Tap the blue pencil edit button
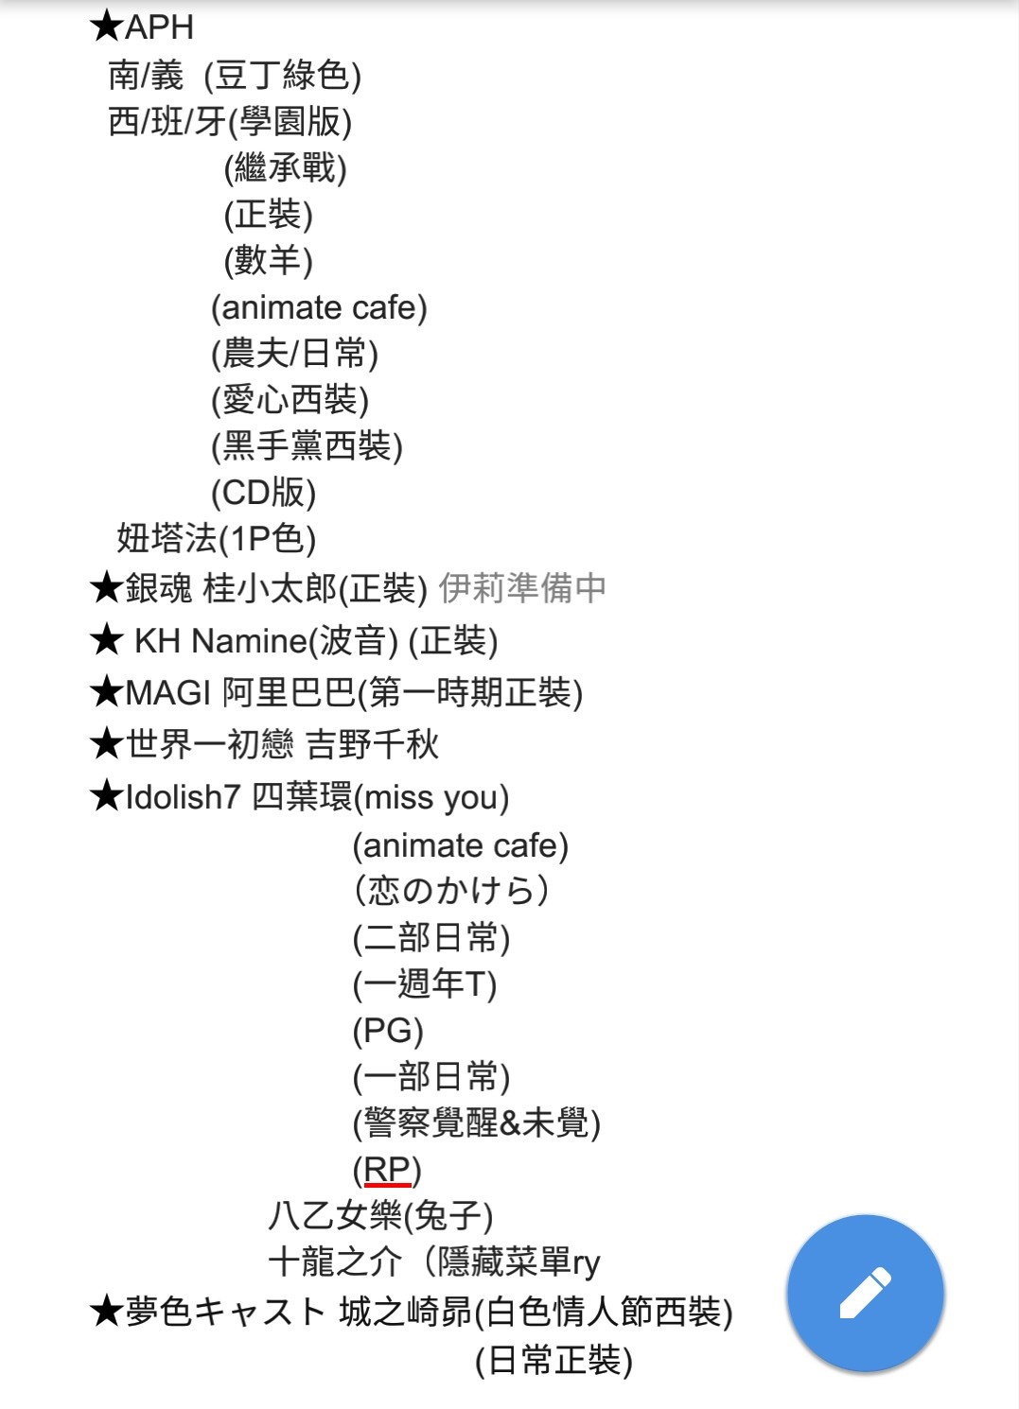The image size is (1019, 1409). [x=865, y=1294]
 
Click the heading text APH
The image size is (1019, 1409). [x=159, y=27]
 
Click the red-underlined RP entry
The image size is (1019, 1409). [x=387, y=1170]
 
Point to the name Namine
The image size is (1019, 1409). [x=249, y=641]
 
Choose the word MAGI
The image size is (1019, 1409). [x=168, y=693]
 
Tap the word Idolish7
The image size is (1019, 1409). [x=183, y=797]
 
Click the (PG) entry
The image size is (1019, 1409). [x=388, y=1031]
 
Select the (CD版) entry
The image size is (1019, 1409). [x=264, y=493]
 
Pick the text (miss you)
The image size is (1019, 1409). [x=431, y=797]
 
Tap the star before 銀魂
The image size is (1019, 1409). [x=106, y=588]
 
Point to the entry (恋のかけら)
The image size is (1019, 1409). [x=451, y=891]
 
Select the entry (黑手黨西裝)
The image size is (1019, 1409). [x=307, y=446]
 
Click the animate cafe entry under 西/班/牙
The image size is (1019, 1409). [x=319, y=307]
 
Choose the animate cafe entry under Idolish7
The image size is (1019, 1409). [x=461, y=845]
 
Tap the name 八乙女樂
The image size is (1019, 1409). [x=335, y=1215]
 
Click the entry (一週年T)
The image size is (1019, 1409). [x=425, y=984]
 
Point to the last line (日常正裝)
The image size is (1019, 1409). [x=553, y=1360]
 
